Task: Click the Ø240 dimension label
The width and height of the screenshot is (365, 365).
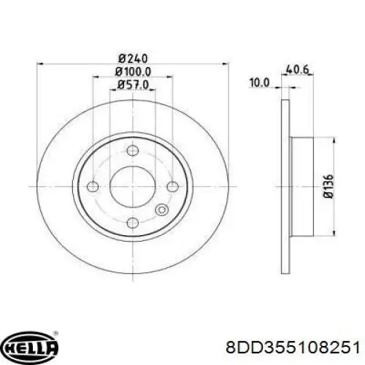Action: point(133,58)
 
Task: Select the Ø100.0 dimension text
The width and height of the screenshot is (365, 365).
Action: point(133,72)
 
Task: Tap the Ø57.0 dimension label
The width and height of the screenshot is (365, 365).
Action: point(133,85)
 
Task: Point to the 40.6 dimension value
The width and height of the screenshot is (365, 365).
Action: point(297,70)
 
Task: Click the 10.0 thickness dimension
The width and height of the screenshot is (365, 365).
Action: point(259,82)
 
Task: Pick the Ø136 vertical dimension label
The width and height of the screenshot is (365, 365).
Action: point(328,186)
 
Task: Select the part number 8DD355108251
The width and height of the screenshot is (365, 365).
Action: point(293,347)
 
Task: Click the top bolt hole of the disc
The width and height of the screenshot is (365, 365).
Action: point(133,150)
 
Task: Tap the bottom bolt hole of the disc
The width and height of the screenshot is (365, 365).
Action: point(133,223)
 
